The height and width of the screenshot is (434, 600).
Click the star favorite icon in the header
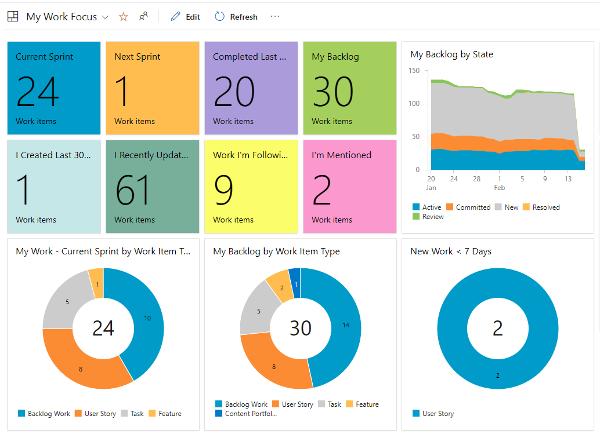123,17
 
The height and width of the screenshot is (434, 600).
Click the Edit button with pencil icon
185,17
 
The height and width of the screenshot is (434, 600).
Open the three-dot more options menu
275,16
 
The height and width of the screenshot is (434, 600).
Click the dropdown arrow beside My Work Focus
105,17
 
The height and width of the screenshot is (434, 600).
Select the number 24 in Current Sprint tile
38,92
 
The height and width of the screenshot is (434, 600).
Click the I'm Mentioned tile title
341,155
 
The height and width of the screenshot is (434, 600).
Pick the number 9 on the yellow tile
224,190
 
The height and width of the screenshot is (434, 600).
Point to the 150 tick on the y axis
414,71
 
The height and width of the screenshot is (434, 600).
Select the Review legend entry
432,217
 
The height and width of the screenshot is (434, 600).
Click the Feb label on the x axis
499,188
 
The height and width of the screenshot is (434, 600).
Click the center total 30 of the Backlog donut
301,328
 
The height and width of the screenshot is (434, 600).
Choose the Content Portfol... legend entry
250,414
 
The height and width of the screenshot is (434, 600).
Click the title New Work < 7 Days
450,251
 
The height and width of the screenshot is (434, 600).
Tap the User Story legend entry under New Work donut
438,414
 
